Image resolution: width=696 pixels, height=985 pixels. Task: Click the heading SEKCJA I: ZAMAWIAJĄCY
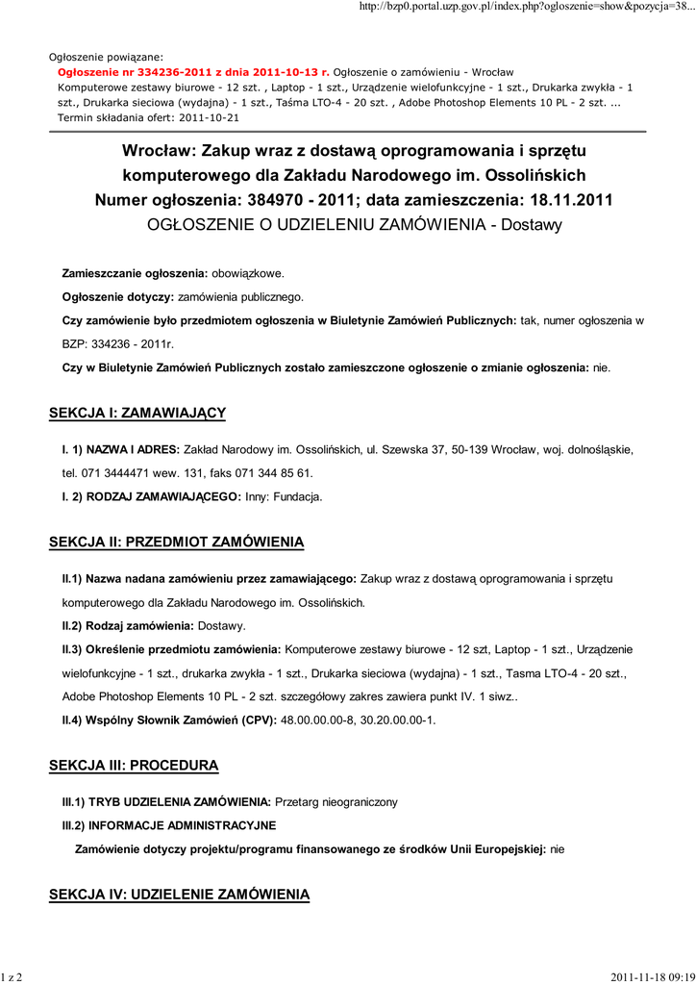pyautogui.click(x=137, y=414)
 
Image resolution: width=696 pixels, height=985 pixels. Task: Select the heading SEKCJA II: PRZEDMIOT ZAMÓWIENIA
pyautogui.click(x=176, y=543)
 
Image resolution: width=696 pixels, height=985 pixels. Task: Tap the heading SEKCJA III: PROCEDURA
pyautogui.click(x=134, y=766)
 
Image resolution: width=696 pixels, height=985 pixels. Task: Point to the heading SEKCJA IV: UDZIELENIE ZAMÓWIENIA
pyautogui.click(x=179, y=895)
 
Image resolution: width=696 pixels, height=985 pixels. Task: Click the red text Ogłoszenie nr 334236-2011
pyautogui.click(x=193, y=72)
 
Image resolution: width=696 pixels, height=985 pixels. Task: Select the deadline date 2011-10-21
pyautogui.click(x=208, y=117)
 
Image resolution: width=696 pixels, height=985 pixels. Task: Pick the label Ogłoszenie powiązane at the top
pyautogui.click(x=106, y=57)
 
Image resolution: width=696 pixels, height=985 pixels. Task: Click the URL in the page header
pyautogui.click(x=524, y=9)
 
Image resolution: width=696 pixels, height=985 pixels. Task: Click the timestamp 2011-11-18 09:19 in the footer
pyautogui.click(x=651, y=976)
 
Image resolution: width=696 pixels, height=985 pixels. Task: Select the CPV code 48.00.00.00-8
pyautogui.click(x=316, y=720)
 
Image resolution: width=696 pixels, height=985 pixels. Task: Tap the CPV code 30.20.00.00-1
pyautogui.click(x=397, y=720)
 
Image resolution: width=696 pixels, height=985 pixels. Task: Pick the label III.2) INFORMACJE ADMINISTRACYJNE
pyautogui.click(x=168, y=825)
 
